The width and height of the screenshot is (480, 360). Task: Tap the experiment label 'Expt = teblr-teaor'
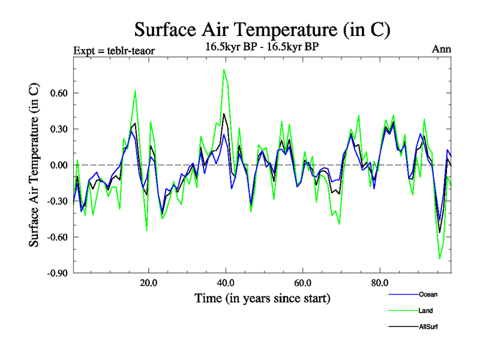114,50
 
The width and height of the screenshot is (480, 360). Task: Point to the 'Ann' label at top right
441,49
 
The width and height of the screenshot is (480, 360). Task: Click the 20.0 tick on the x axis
148,283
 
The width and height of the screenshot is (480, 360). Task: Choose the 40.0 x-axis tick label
225,283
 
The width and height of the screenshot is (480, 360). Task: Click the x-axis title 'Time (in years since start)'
262,298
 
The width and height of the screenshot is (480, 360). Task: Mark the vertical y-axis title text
35,165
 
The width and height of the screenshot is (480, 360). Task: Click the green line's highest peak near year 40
224,70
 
